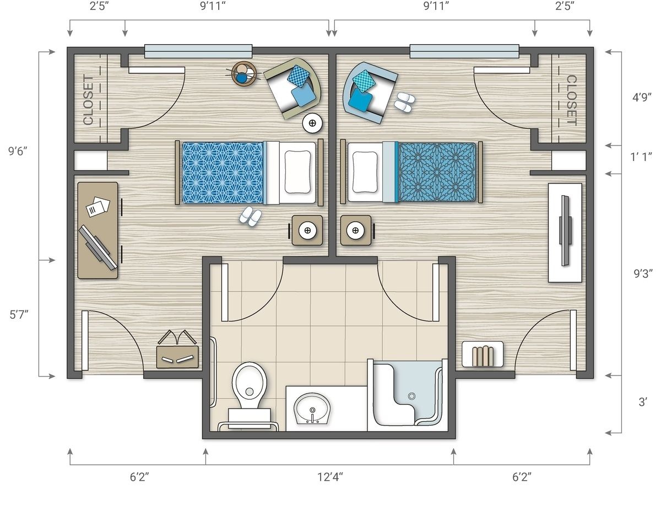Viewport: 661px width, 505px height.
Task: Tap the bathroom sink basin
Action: pyautogui.click(x=312, y=409)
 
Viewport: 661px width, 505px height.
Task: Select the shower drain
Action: pyautogui.click(x=411, y=396)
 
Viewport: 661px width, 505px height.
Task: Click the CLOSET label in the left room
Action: pyautogui.click(x=88, y=100)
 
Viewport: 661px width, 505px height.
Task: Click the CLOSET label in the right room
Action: pyautogui.click(x=571, y=100)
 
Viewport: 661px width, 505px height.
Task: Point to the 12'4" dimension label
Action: pyautogui.click(x=330, y=477)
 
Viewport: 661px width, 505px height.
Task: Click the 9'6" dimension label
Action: pyautogui.click(x=18, y=151)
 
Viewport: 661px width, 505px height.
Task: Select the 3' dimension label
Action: pyautogui.click(x=643, y=402)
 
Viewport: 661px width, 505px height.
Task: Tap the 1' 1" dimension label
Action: pyautogui.click(x=641, y=157)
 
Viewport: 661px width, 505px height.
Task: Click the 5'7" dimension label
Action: pyautogui.click(x=19, y=315)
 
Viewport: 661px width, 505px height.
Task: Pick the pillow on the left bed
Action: pyautogui.click(x=297, y=172)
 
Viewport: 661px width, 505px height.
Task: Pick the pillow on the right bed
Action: pyautogui.click(x=365, y=172)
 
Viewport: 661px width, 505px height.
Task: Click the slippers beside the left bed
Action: pyautogui.click(x=251, y=216)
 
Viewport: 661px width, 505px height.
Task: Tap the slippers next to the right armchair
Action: pyautogui.click(x=404, y=103)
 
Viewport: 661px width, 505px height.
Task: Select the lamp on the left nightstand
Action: pyautogui.click(x=307, y=230)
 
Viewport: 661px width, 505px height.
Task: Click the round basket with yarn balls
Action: pyautogui.click(x=244, y=74)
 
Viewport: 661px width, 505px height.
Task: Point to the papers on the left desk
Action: pyautogui.click(x=98, y=206)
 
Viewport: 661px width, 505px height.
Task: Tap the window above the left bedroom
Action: pyautogui.click(x=198, y=51)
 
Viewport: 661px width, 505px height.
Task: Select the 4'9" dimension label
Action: pyautogui.click(x=642, y=98)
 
